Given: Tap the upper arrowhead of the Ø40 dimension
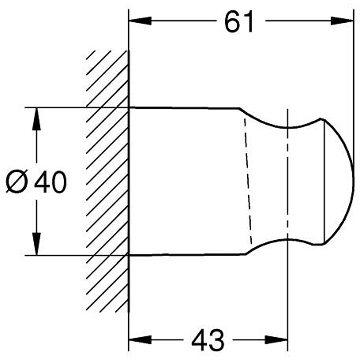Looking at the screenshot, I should [x=36, y=119].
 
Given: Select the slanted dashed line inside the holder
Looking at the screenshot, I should [x=248, y=180].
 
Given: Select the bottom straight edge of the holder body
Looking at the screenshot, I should [x=187, y=255].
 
